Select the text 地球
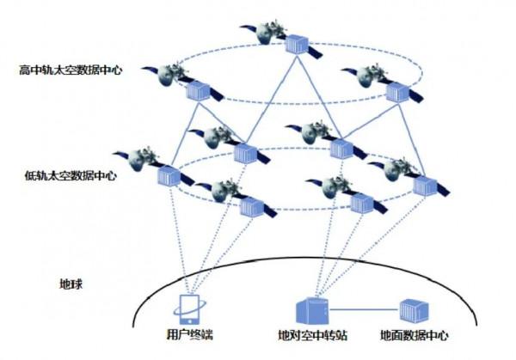[70, 284]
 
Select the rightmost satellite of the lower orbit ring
[408, 176]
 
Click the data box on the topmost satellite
[297, 42]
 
